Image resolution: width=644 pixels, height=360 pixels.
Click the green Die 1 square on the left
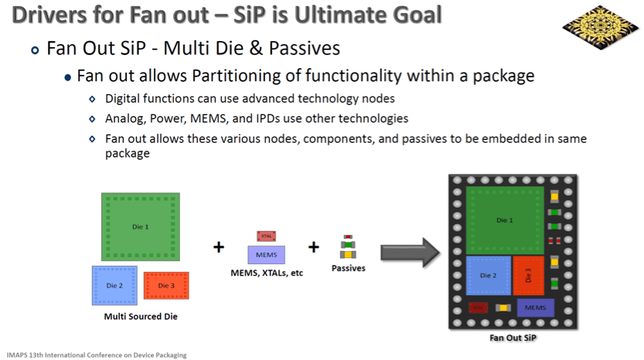(x=141, y=226)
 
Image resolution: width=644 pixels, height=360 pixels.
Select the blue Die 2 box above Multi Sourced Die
(x=114, y=286)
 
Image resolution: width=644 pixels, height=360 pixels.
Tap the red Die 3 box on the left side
(x=165, y=286)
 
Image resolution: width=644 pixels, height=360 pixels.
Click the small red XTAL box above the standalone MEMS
(x=266, y=236)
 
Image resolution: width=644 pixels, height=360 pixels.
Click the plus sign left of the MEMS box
(x=219, y=247)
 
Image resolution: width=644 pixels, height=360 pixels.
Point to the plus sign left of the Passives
(x=313, y=247)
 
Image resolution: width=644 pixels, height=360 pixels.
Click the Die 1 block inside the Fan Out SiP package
(x=505, y=220)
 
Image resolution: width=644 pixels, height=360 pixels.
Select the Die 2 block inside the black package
(x=489, y=275)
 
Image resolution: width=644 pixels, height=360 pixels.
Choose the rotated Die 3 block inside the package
(x=528, y=275)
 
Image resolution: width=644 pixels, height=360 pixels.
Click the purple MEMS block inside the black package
(x=535, y=307)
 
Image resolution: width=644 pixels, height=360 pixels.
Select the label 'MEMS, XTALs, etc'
(x=266, y=273)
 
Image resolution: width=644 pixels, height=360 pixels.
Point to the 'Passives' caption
(x=348, y=268)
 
